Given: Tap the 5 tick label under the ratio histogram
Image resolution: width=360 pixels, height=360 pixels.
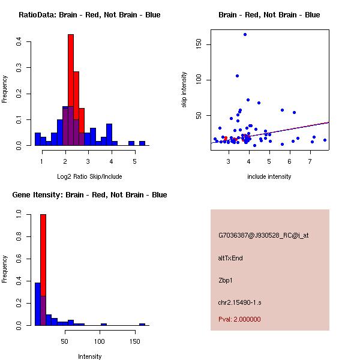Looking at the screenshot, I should point(134,161).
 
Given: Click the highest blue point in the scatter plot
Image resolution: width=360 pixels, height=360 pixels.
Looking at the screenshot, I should point(245,34).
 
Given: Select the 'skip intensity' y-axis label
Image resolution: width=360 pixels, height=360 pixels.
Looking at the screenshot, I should point(184,89).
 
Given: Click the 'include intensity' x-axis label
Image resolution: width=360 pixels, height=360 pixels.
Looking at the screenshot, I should point(269,176).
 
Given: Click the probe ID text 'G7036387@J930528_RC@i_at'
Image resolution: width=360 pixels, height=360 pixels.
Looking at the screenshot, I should point(263,236).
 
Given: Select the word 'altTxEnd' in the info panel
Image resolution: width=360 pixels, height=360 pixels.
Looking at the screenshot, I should point(230,258).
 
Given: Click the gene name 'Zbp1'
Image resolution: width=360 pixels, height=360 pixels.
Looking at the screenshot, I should point(225,280).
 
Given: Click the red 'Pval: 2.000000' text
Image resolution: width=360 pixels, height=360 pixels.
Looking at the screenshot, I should point(239,319).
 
